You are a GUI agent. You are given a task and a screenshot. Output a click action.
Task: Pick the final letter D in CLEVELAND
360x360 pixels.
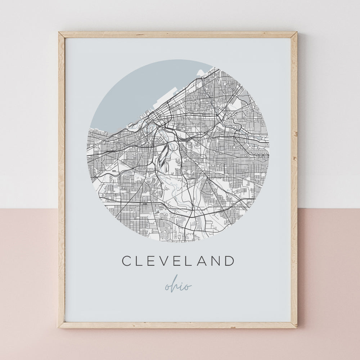coord(229,261)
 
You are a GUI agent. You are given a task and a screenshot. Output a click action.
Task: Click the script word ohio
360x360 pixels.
coord(178,286)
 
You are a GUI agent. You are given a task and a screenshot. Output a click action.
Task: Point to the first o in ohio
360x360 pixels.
coord(168,287)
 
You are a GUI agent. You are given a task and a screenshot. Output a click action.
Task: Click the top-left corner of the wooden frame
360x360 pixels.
coord(60,33)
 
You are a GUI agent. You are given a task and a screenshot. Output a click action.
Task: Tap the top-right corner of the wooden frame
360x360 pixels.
coord(296,33)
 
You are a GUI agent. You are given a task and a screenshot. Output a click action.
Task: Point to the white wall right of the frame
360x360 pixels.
coord(328,108)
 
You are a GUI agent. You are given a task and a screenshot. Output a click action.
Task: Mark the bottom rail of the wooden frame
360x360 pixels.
coord(178,325)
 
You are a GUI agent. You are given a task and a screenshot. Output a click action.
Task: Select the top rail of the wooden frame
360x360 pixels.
coord(178,35)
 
